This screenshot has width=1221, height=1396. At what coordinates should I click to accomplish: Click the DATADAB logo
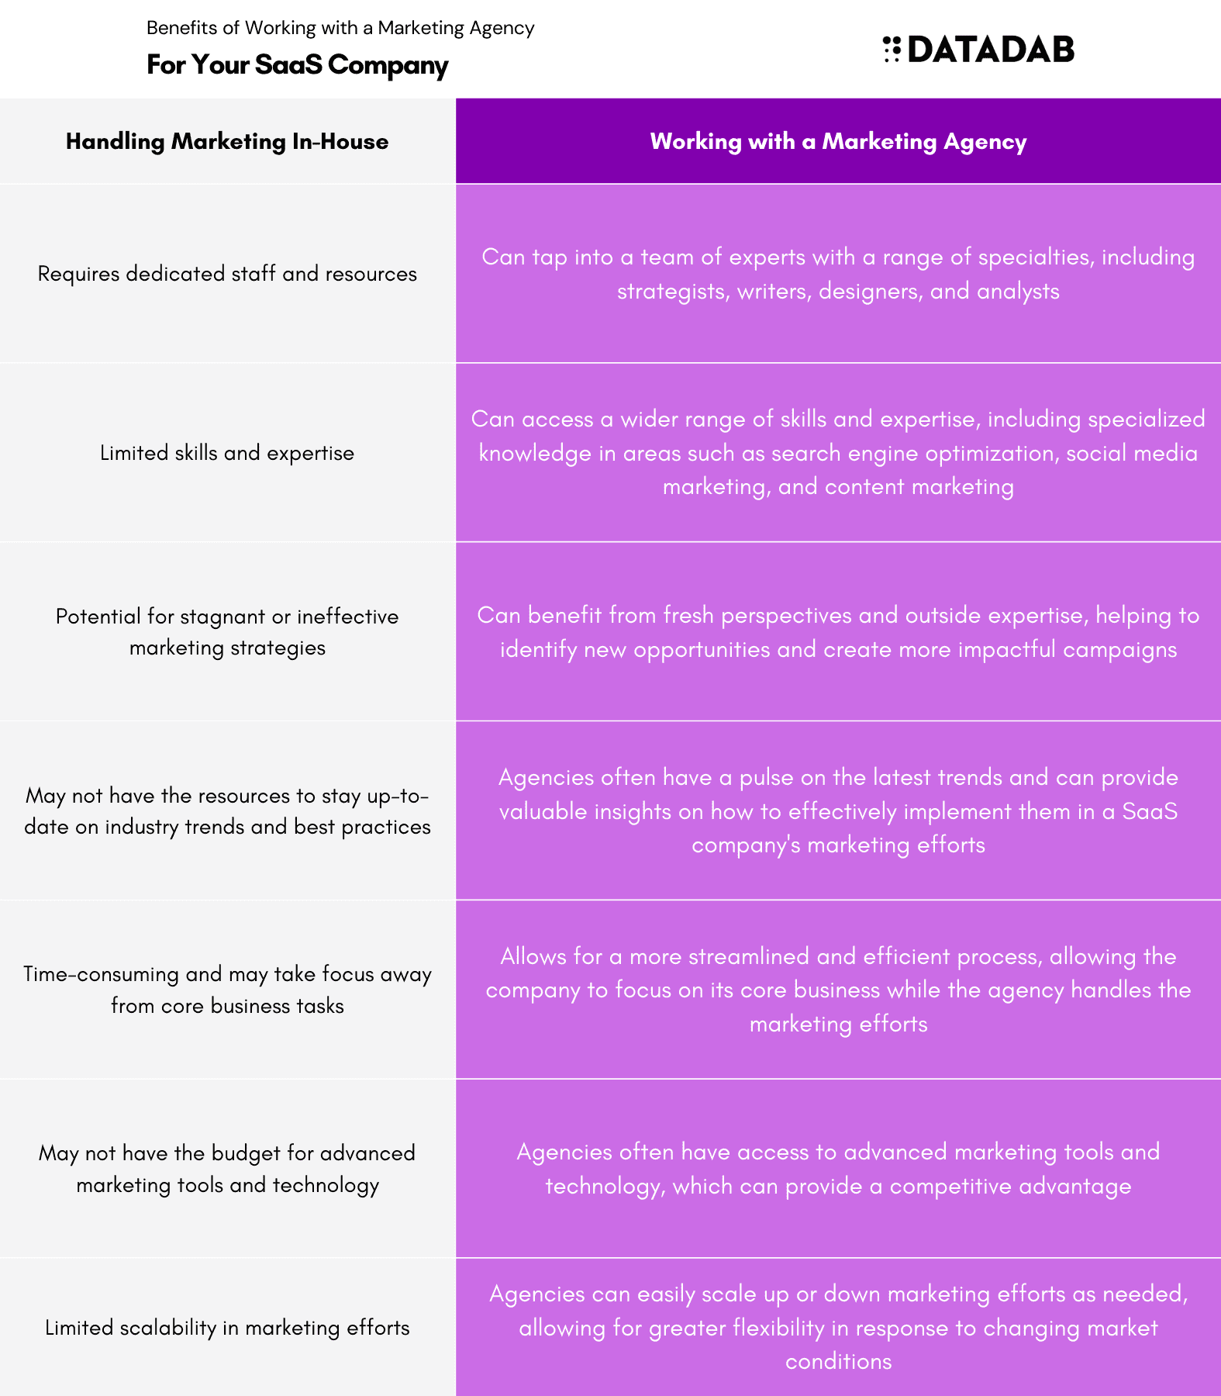pyautogui.click(x=978, y=49)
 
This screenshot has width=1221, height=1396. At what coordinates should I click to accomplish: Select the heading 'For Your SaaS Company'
pyautogui.click(x=298, y=64)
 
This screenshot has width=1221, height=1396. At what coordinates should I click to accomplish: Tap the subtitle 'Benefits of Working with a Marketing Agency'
pyautogui.click(x=340, y=28)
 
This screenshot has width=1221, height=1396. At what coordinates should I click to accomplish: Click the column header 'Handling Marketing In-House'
pyautogui.click(x=227, y=141)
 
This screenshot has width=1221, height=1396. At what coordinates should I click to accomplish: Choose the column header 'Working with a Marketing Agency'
pyautogui.click(x=838, y=141)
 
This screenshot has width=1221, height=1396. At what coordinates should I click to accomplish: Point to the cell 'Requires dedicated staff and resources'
pyautogui.click(x=227, y=274)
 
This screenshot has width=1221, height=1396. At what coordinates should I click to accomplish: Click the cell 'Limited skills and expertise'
pyautogui.click(x=227, y=453)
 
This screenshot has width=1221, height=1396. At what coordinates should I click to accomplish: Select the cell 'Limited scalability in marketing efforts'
pyautogui.click(x=227, y=1328)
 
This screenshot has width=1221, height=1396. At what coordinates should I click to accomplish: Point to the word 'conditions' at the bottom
pyautogui.click(x=838, y=1362)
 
